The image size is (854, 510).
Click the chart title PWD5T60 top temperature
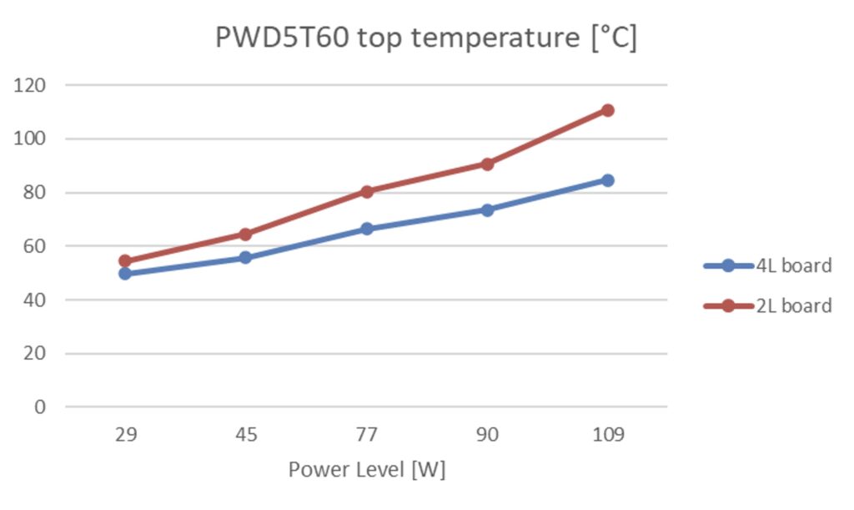[426, 38]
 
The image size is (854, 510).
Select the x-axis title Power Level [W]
[367, 470]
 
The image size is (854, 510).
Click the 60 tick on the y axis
[34, 246]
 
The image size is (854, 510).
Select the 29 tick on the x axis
[125, 435]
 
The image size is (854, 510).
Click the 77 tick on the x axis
[366, 435]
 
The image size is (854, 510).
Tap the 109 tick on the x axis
[607, 435]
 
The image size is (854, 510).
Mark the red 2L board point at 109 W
[607, 110]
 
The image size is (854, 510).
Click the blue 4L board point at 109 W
[607, 180]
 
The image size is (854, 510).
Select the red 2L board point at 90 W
[487, 164]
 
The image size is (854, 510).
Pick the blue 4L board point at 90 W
[487, 210]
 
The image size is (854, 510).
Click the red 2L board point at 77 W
[366, 191]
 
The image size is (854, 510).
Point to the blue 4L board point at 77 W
[366, 229]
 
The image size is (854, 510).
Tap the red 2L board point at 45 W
[245, 234]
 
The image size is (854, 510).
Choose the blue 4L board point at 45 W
[245, 257]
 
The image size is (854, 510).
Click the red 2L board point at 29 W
[125, 260]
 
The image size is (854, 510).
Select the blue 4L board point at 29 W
[125, 273]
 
